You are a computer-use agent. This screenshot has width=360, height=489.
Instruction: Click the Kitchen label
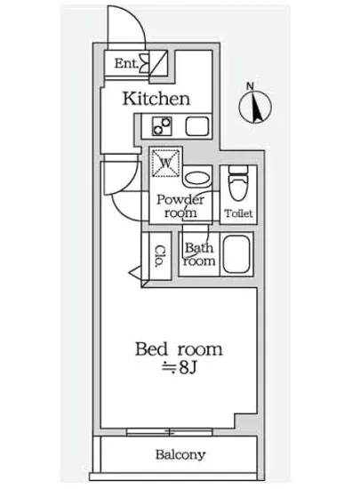pos(156,98)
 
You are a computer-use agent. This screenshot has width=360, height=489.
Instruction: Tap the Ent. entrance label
pos(125,63)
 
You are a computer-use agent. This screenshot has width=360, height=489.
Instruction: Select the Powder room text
pos(180,206)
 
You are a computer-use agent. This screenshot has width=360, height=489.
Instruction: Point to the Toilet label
pos(238,213)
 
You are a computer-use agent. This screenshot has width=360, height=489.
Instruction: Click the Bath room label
pos(199,255)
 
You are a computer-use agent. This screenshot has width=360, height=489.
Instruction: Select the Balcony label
pos(180,454)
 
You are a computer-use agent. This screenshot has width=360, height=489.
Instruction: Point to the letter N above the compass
pos(252,85)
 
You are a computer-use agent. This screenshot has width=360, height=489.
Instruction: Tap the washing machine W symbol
pos(166,163)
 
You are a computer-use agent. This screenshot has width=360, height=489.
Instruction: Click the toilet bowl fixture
pos(237,184)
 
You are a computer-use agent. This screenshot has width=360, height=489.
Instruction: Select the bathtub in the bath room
pos(237,256)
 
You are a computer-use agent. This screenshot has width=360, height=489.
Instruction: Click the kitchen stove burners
pos(163,125)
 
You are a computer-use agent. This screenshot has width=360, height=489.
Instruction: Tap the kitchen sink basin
pos(195,125)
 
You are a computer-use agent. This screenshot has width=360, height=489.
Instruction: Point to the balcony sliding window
pos(179,431)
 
